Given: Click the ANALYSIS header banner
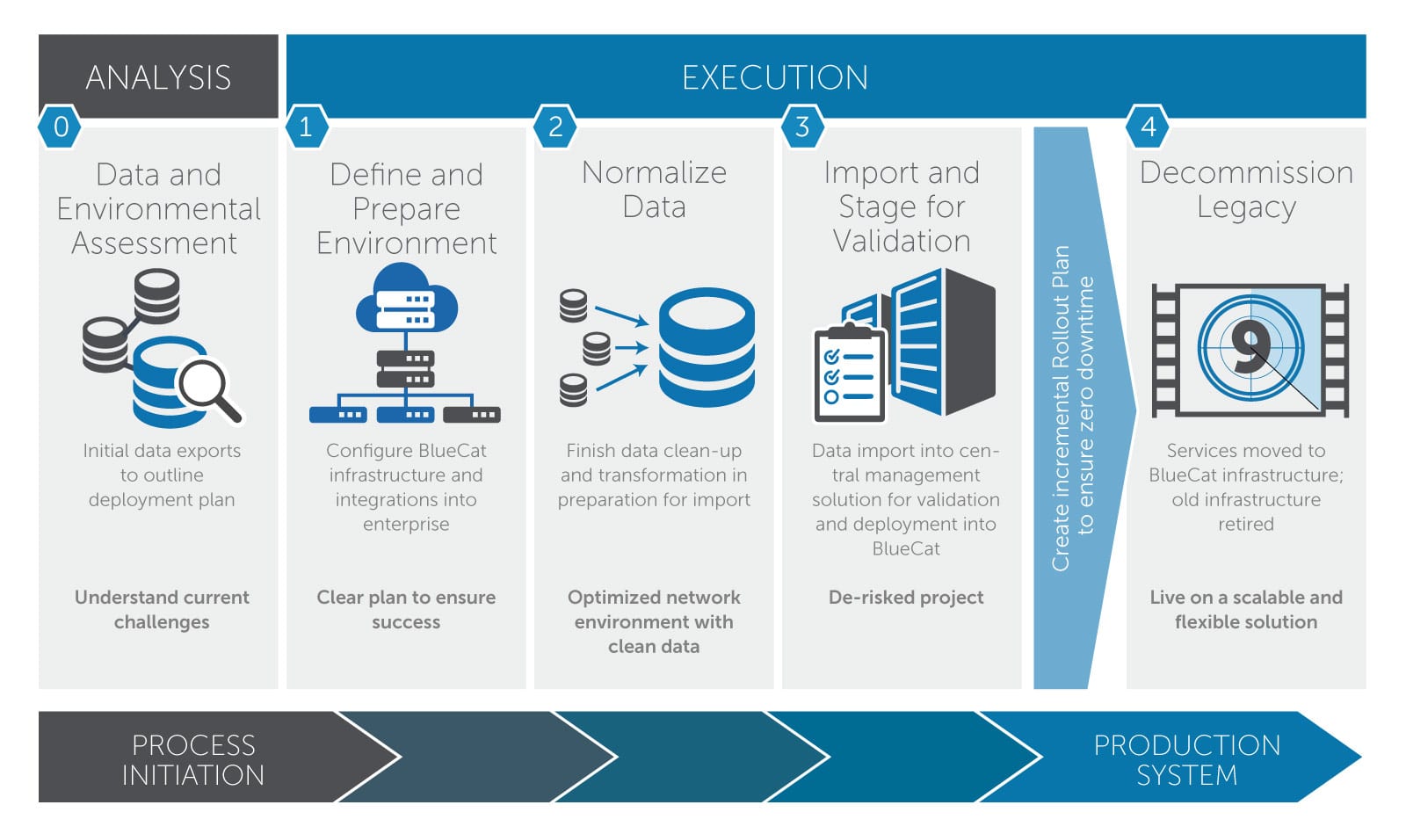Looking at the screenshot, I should coord(158,77).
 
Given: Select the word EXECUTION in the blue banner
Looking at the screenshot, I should coord(774,77).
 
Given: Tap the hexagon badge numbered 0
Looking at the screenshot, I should coord(61,127).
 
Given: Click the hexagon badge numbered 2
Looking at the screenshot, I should coord(555,127).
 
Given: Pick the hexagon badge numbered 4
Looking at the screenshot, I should coord(1148,127).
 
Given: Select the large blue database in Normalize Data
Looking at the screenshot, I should coord(707,347).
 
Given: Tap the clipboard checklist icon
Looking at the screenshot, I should coord(849,373).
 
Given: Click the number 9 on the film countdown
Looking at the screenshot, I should coord(1250,345).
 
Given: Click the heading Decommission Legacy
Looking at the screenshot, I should coord(1246,189).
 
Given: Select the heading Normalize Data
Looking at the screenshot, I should coord(654,189).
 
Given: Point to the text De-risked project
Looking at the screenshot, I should coord(906,598).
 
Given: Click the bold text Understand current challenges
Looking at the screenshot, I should coord(162,609).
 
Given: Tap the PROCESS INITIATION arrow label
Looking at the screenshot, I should coord(193,759).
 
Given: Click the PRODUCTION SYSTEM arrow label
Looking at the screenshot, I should coord(1186,759).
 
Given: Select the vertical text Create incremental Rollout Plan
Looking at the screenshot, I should coord(1062,409).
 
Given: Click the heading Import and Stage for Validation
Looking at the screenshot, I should coord(902,207).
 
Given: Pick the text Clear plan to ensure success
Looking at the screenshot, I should coord(406,609).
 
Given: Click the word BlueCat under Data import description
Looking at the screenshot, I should coord(906,548).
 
